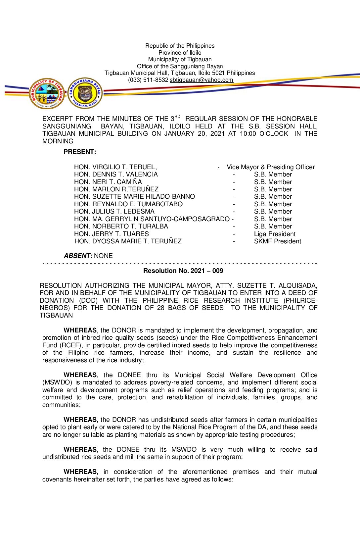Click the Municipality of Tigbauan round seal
pos(47,93)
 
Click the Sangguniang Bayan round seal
pos(85,93)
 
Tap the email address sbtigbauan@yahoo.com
pos(202,80)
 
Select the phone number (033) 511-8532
pos(148,80)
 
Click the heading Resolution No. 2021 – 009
pos(183,271)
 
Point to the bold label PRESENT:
pos(80,152)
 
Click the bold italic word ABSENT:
pos(78,256)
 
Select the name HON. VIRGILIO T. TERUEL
pos(115,167)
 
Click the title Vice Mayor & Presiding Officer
pos(271,167)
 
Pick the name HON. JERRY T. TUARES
pos(111,234)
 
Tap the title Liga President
pos(275,234)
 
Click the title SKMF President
pos(277,241)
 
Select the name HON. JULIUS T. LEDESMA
pos(114,212)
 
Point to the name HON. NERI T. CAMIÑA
pos(108,182)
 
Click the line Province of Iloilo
pos(180,53)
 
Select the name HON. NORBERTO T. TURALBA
pos(121,226)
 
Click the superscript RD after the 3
pos(177,117)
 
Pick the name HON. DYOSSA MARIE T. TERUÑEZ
pos(128,241)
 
